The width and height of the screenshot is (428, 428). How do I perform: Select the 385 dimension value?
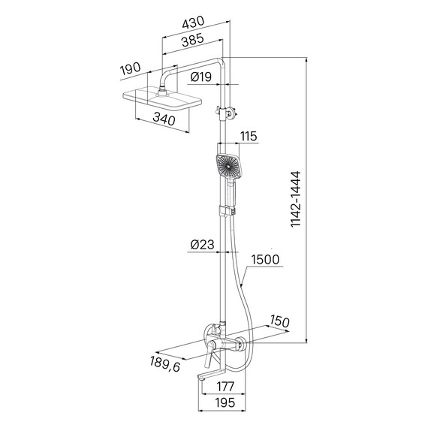193,40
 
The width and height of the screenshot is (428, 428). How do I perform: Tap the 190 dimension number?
131,68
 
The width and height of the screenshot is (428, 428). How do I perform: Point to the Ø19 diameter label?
201,77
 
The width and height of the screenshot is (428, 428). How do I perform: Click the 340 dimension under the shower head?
164,119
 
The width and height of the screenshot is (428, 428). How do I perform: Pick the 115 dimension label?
248,136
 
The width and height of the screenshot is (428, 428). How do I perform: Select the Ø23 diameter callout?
202,245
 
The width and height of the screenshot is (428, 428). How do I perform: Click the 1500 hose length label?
265,260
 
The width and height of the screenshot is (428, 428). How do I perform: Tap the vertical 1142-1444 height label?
295,199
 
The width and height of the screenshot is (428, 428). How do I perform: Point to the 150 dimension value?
279,321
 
